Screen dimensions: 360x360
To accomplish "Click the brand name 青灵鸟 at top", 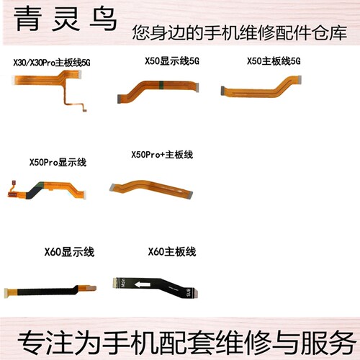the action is click(66, 19).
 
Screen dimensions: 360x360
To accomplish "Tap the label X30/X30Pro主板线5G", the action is click(52, 63).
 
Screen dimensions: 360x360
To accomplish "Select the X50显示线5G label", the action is click(172, 61).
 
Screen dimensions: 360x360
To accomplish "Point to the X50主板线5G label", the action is click(274, 61).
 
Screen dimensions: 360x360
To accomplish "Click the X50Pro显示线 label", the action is click(58, 163).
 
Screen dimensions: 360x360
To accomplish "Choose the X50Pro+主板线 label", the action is click(162, 155).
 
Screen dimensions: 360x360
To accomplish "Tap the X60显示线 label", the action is click(69, 252).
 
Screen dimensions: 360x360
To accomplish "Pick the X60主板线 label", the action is click(172, 252).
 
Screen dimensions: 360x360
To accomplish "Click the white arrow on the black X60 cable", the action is click(143, 284).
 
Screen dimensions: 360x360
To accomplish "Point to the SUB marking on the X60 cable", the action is click(188, 292).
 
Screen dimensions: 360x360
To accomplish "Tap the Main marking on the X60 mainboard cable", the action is click(123, 283).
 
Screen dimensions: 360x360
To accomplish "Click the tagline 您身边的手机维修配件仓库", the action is click(240, 32).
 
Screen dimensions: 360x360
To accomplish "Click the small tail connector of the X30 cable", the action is click(84, 110).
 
